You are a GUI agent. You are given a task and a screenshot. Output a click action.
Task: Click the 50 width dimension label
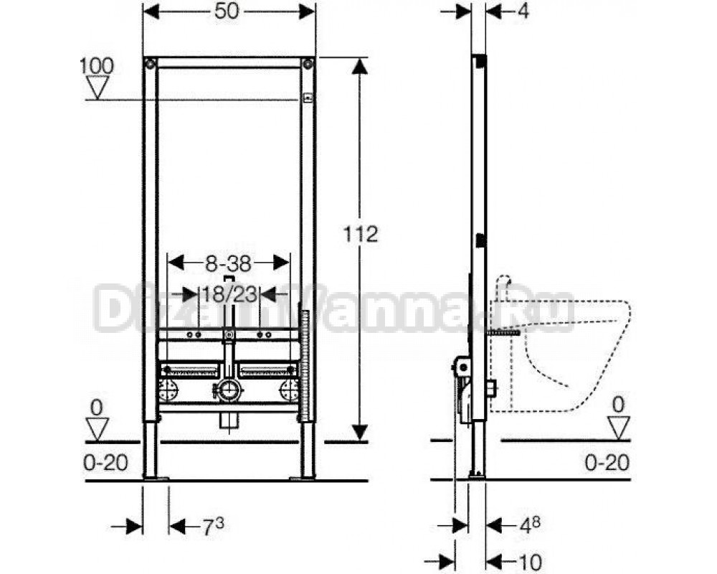(227, 11)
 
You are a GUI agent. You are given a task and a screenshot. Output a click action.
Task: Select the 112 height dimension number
(361, 235)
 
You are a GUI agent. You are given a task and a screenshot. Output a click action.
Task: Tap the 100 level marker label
(97, 66)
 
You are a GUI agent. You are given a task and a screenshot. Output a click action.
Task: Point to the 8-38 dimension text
(228, 263)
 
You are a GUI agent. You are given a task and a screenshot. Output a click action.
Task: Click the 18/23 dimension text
(229, 294)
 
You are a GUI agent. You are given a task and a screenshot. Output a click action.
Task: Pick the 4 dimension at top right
(523, 11)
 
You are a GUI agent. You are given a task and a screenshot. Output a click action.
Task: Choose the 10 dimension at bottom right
(530, 562)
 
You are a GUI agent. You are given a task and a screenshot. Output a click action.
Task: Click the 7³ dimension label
(213, 527)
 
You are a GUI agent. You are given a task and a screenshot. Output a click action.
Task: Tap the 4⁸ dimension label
(530, 526)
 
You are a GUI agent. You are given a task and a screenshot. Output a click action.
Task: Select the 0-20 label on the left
(105, 463)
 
